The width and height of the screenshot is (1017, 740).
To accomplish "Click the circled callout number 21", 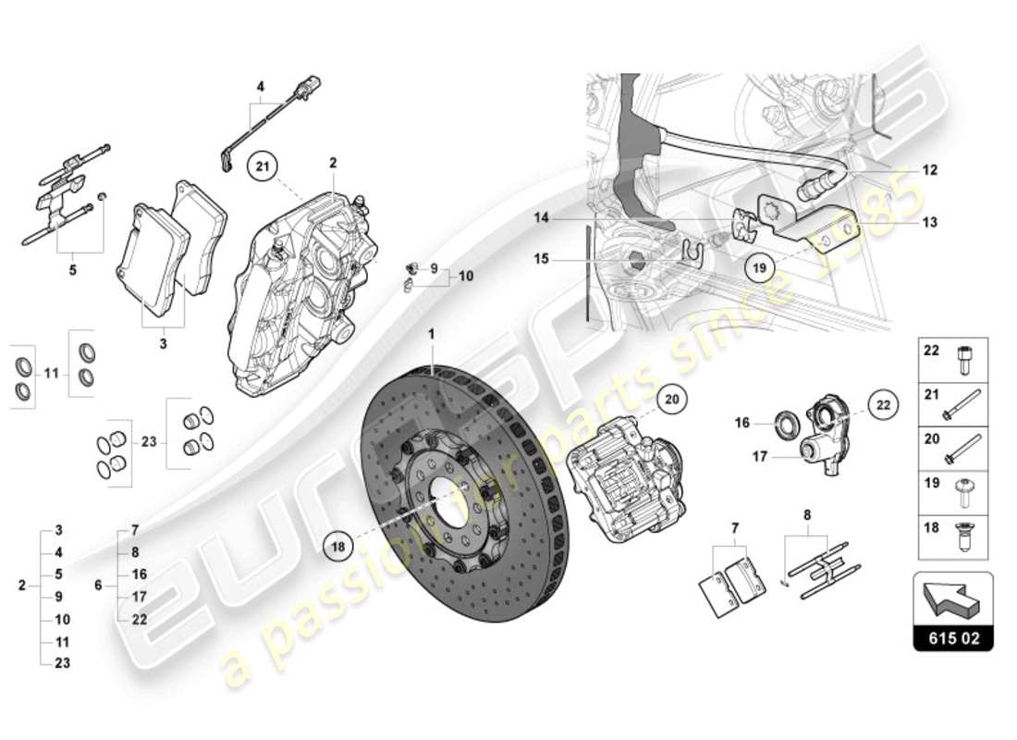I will pos(262,166).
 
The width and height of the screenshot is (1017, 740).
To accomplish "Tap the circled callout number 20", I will pos(672,399).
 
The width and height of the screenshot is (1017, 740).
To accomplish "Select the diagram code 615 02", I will pos(953,637).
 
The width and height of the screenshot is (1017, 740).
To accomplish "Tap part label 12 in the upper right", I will pos(929,170).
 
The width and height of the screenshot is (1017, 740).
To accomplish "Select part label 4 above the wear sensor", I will pos(261,89).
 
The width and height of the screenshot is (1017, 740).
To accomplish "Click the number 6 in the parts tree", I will pos(98,585).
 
